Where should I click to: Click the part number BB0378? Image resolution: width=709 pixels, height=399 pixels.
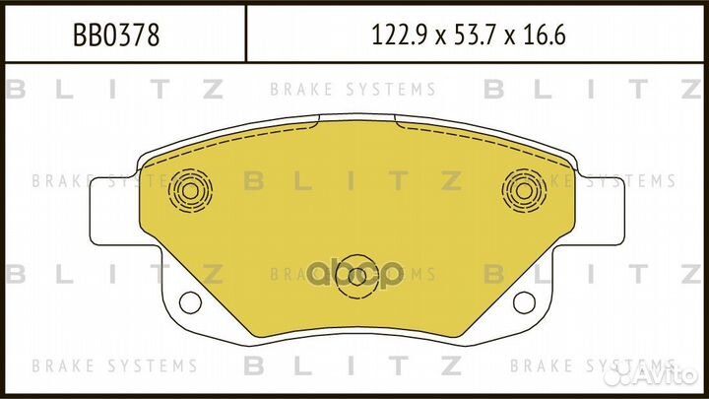(x=117, y=36)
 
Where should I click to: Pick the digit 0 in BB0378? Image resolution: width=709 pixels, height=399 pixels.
(x=111, y=36)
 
